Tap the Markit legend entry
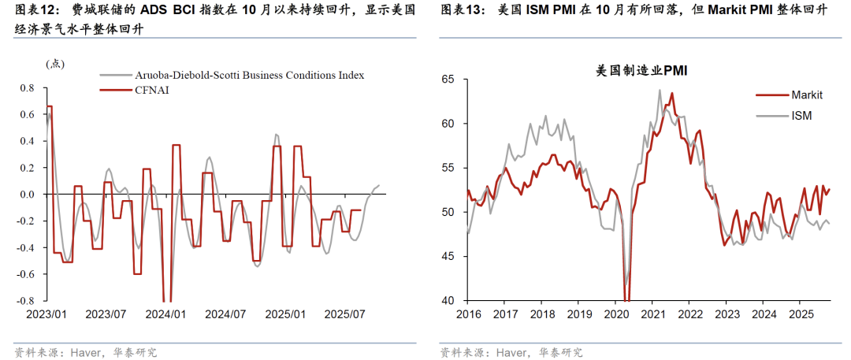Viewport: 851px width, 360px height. pyautogui.click(x=806, y=95)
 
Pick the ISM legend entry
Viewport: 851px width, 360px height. pyautogui.click(x=801, y=115)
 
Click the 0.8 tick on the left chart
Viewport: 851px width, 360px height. pyautogui.click(x=27, y=88)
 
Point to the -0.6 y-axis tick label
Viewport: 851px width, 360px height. pyautogui.click(x=25, y=274)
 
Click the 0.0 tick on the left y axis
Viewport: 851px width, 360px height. pyautogui.click(x=27, y=195)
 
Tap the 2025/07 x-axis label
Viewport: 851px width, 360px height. pyautogui.click(x=347, y=314)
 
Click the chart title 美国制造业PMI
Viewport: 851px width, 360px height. pyautogui.click(x=641, y=70)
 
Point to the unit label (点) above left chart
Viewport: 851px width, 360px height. pyautogui.click(x=56, y=64)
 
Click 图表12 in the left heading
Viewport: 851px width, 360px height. pyautogui.click(x=33, y=11)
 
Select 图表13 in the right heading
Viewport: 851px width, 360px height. pyautogui.click(x=459, y=11)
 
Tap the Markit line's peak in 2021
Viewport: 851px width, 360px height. pyautogui.click(x=672, y=93)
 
